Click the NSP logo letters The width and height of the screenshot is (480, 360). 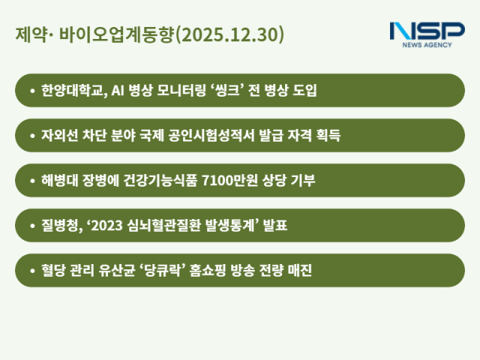click(427, 32)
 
